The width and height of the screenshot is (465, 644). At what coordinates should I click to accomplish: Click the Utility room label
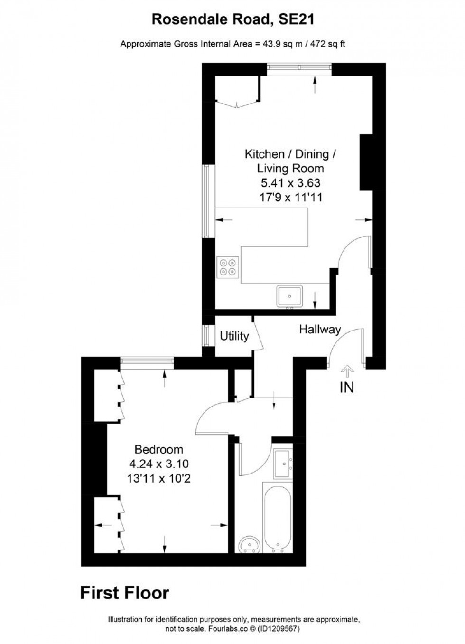coord(234,336)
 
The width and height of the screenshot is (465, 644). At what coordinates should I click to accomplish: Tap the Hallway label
coord(320,329)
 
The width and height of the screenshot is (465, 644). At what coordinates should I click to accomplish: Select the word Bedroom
coord(158,449)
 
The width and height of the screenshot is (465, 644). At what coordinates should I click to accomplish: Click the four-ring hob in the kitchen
coord(228,266)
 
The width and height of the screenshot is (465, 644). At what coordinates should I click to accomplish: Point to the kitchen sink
coord(289,295)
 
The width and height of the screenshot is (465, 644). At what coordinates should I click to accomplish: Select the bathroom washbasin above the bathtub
coord(283,463)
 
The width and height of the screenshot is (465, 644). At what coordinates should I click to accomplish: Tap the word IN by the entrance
coord(347,388)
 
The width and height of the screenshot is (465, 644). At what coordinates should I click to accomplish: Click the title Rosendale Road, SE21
coord(232,19)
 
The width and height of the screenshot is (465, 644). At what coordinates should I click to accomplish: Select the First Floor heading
coord(124,593)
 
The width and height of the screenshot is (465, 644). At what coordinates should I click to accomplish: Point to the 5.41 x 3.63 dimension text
coord(290,182)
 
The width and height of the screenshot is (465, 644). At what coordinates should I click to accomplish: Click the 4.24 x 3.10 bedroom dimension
coord(158,464)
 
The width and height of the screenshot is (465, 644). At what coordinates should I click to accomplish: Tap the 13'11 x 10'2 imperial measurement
coord(158,478)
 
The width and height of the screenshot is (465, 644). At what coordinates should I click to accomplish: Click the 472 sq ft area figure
coord(327,44)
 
